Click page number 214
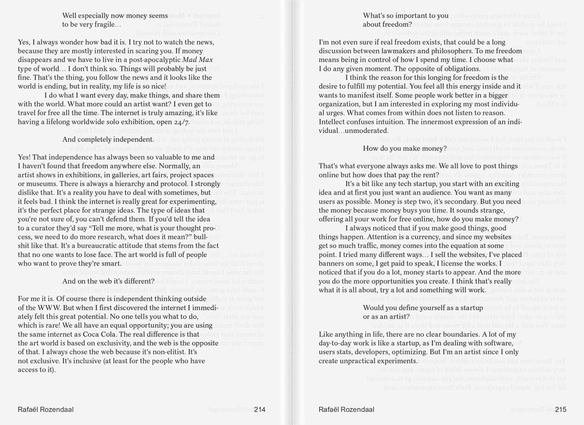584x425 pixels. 260,409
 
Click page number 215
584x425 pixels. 561,409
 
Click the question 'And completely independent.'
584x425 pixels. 108,139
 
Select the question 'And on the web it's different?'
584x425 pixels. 108,282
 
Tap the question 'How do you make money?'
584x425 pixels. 404,149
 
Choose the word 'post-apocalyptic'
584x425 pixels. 152,59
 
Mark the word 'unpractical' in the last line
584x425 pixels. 363,361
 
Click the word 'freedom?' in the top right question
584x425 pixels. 396,24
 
